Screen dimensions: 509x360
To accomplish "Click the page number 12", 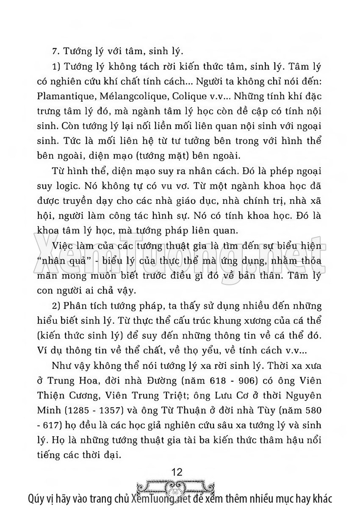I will [x=180, y=472].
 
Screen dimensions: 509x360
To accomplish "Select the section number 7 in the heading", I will [x=53, y=52].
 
